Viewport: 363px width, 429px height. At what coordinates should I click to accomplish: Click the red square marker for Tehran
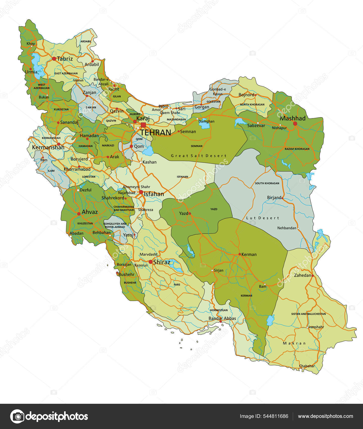pos(143,125)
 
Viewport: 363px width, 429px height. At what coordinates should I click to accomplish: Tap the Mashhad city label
pos(293,118)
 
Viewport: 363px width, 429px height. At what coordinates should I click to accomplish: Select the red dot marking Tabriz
pos(54,59)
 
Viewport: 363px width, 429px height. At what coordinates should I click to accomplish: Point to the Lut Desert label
pos(263,218)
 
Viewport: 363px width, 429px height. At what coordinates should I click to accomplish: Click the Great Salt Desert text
pos(199,156)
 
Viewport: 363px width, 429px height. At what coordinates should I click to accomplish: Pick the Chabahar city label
pos(307,366)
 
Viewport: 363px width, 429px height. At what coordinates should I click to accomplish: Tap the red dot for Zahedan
pos(313,276)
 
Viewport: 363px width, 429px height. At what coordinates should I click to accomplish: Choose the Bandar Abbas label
pos(222,318)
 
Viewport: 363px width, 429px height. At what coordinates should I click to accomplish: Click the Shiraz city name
pos(162,262)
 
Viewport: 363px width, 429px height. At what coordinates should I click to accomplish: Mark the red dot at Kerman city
pos(240,254)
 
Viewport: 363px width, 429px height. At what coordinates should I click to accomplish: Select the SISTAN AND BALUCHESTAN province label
pos(308,314)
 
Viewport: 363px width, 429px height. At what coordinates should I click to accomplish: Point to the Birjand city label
pos(274,198)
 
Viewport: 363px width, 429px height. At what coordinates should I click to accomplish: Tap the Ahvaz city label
pos(90,212)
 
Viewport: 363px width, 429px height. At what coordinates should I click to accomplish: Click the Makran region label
pos(294,343)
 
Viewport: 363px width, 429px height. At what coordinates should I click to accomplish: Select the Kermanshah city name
pos(48,147)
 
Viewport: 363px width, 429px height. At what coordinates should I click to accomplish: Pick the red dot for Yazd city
pos(190,213)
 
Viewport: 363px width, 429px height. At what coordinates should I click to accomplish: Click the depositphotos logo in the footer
pos(49,416)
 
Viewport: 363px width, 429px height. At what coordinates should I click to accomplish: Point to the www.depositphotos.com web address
pos(325,416)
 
